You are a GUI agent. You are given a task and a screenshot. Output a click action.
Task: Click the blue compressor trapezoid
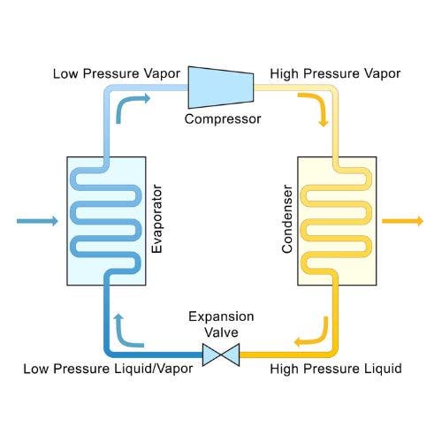pos(221,88)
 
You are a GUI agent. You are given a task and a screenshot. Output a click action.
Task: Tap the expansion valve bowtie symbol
pos(221,354)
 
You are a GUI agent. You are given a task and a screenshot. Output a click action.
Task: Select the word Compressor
pos(223,119)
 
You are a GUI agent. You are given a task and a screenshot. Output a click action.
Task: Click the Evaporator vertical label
pos(156,219)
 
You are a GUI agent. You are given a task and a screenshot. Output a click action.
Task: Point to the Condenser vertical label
pos(287,219)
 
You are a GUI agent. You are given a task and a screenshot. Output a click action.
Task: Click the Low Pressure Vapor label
pos(117,73)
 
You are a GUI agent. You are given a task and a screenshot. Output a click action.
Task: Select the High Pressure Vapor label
pos(335,73)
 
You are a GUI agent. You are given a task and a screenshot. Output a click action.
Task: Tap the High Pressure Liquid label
pos(336,369)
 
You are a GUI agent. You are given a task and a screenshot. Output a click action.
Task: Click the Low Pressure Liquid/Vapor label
pos(108,369)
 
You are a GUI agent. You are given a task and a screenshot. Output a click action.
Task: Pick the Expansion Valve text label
pos(221,324)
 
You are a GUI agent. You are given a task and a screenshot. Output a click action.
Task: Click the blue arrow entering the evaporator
pos(37,221)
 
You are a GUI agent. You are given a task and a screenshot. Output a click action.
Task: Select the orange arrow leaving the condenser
pos(403,221)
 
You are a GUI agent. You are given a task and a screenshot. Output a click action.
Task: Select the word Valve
pos(221,332)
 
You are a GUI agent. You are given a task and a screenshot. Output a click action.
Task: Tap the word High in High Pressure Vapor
pos(284,73)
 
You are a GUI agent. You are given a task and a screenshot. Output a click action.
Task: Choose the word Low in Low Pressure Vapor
pos(65,73)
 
